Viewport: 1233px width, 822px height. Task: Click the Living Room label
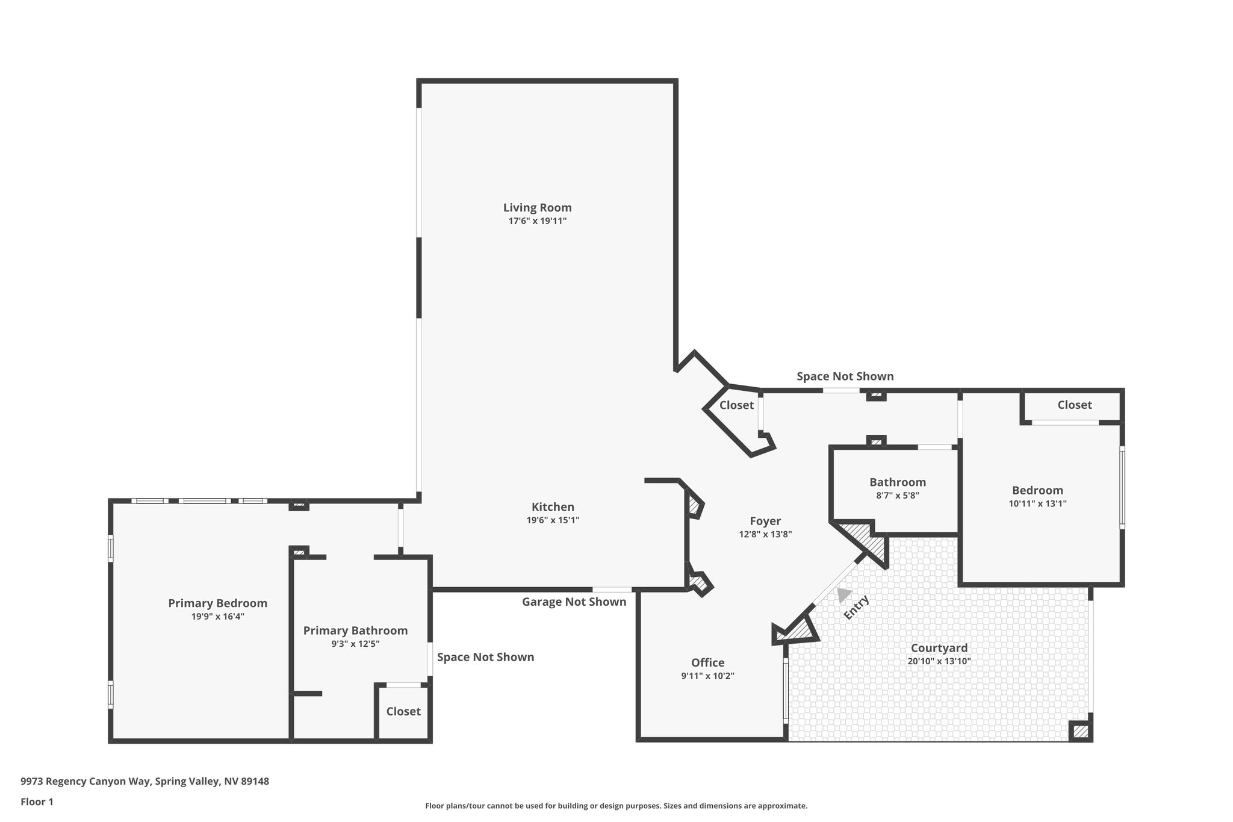point(537,208)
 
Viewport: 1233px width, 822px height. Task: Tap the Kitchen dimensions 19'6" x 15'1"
point(553,520)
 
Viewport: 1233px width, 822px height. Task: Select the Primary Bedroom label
point(217,603)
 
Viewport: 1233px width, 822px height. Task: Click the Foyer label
point(765,522)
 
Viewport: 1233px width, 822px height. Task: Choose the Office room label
point(707,663)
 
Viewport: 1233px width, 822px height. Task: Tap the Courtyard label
point(939,648)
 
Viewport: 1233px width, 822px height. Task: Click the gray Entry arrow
point(843,595)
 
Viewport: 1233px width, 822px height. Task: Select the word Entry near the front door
point(856,607)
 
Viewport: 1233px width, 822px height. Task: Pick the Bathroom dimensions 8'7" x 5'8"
point(897,496)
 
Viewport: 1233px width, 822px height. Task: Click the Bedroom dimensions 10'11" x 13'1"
point(1037,503)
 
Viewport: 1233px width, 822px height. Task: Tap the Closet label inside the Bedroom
point(1074,405)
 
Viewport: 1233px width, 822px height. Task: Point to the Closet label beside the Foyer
point(736,405)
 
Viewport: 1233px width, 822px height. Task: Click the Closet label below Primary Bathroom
point(403,711)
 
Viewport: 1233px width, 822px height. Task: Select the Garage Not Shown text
point(574,602)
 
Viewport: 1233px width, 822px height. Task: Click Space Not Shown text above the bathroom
point(845,376)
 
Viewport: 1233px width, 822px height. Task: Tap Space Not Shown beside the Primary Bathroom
point(485,657)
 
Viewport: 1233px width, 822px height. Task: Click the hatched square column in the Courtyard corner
point(1080,731)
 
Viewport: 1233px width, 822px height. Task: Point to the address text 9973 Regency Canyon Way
point(144,782)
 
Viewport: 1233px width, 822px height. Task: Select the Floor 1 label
point(37,802)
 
